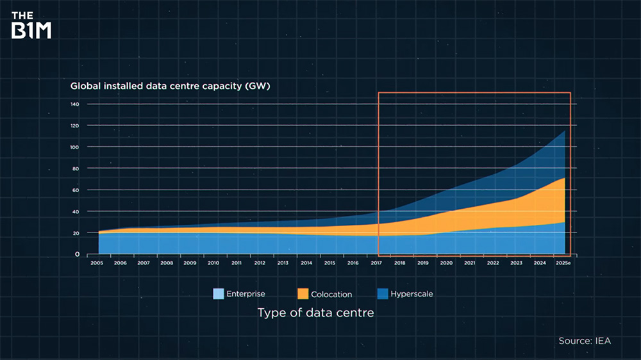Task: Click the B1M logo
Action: (31, 25)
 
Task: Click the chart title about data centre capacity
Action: (170, 86)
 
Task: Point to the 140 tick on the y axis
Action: (74, 104)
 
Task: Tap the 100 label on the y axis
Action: (74, 147)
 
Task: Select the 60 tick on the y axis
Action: (76, 190)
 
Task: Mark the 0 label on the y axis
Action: (77, 254)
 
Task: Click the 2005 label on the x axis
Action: (97, 263)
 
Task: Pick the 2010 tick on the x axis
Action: (213, 263)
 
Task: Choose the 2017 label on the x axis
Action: (376, 263)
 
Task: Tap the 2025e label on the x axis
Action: (564, 263)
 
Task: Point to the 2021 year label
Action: (470, 263)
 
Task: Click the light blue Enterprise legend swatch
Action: (219, 294)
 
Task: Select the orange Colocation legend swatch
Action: (302, 294)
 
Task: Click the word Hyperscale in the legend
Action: (412, 294)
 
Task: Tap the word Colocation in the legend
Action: (331, 295)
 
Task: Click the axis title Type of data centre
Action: (315, 313)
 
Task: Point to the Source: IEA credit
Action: (585, 341)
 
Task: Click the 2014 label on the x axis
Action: (306, 263)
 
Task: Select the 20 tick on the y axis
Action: (76, 233)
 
